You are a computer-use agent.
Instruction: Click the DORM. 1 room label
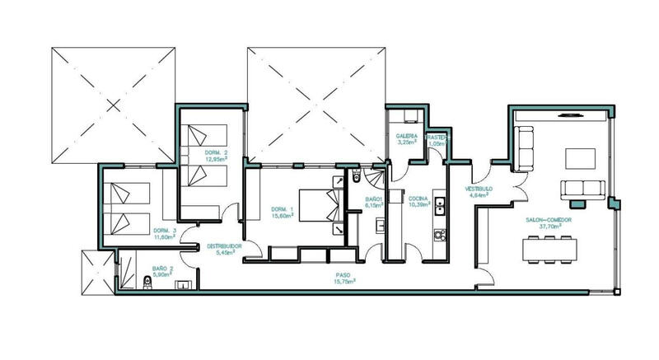[x=282, y=209]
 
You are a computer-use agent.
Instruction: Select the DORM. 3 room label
[x=165, y=230]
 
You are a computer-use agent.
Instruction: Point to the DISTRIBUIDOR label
[x=222, y=245]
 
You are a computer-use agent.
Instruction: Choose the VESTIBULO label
[x=479, y=189]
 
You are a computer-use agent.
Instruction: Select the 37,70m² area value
[x=549, y=227]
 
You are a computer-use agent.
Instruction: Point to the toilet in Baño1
[x=356, y=176]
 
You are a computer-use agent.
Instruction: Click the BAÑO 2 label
[x=163, y=269]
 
